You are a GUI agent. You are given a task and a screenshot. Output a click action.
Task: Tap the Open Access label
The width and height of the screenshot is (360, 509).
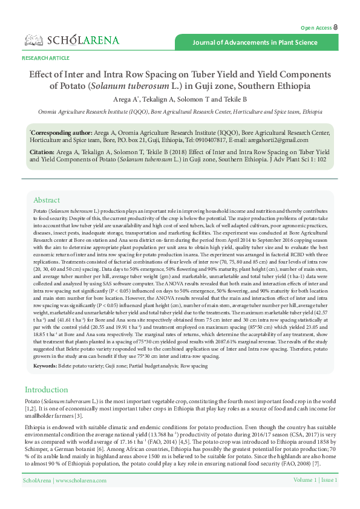[316, 28]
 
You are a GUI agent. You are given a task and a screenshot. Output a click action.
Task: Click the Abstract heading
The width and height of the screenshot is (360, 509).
[47, 200]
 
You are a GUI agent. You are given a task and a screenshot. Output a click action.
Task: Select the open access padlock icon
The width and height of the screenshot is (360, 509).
[336, 28]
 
